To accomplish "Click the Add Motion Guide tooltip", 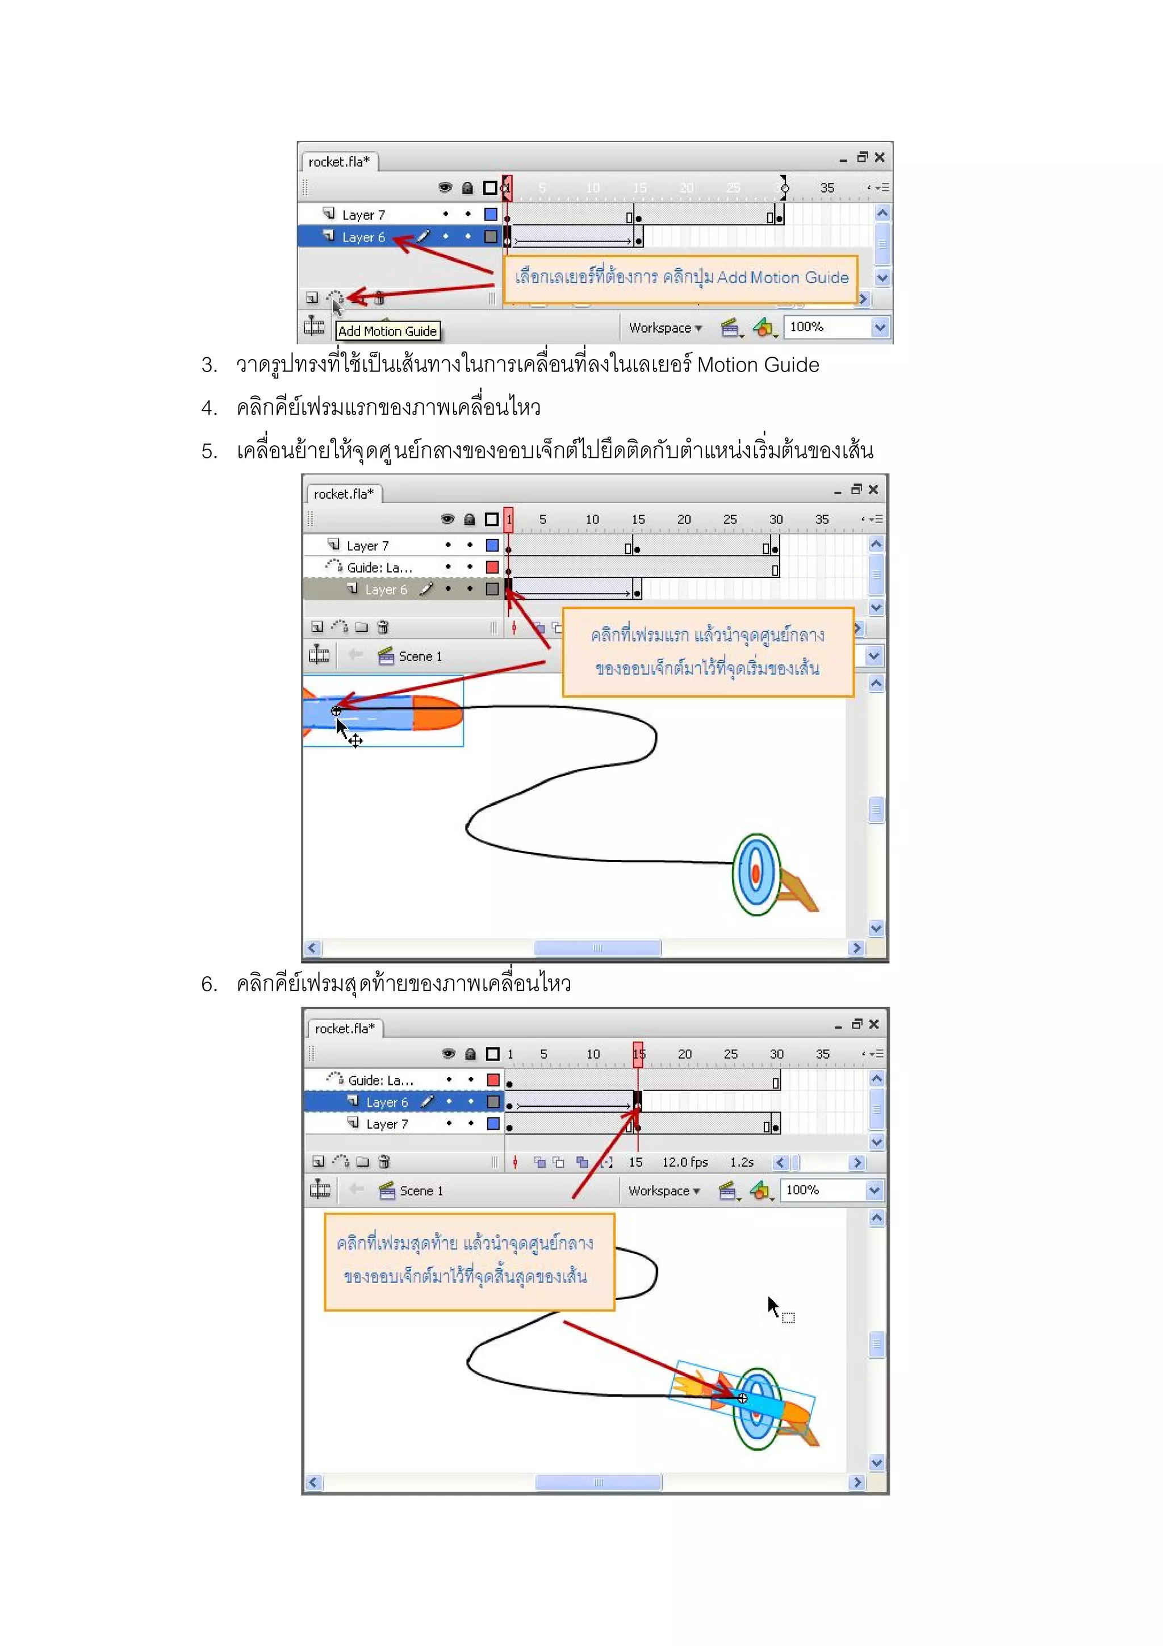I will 387,331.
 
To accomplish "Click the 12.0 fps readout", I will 684,1162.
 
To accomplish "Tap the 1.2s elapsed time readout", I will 742,1162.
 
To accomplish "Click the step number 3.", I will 208,366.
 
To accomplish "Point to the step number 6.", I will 208,984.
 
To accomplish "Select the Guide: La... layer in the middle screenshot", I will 379,568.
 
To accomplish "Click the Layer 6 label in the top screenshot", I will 363,237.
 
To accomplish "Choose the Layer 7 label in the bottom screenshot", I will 387,1124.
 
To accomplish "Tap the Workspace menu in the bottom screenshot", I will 663,1191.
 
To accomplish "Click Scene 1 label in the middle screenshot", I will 420,657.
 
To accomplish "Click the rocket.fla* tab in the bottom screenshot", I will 345,1029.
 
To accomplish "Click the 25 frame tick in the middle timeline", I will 730,520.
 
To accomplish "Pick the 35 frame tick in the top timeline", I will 827,188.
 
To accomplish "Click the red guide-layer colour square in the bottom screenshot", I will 493,1080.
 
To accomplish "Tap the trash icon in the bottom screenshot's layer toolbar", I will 384,1162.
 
